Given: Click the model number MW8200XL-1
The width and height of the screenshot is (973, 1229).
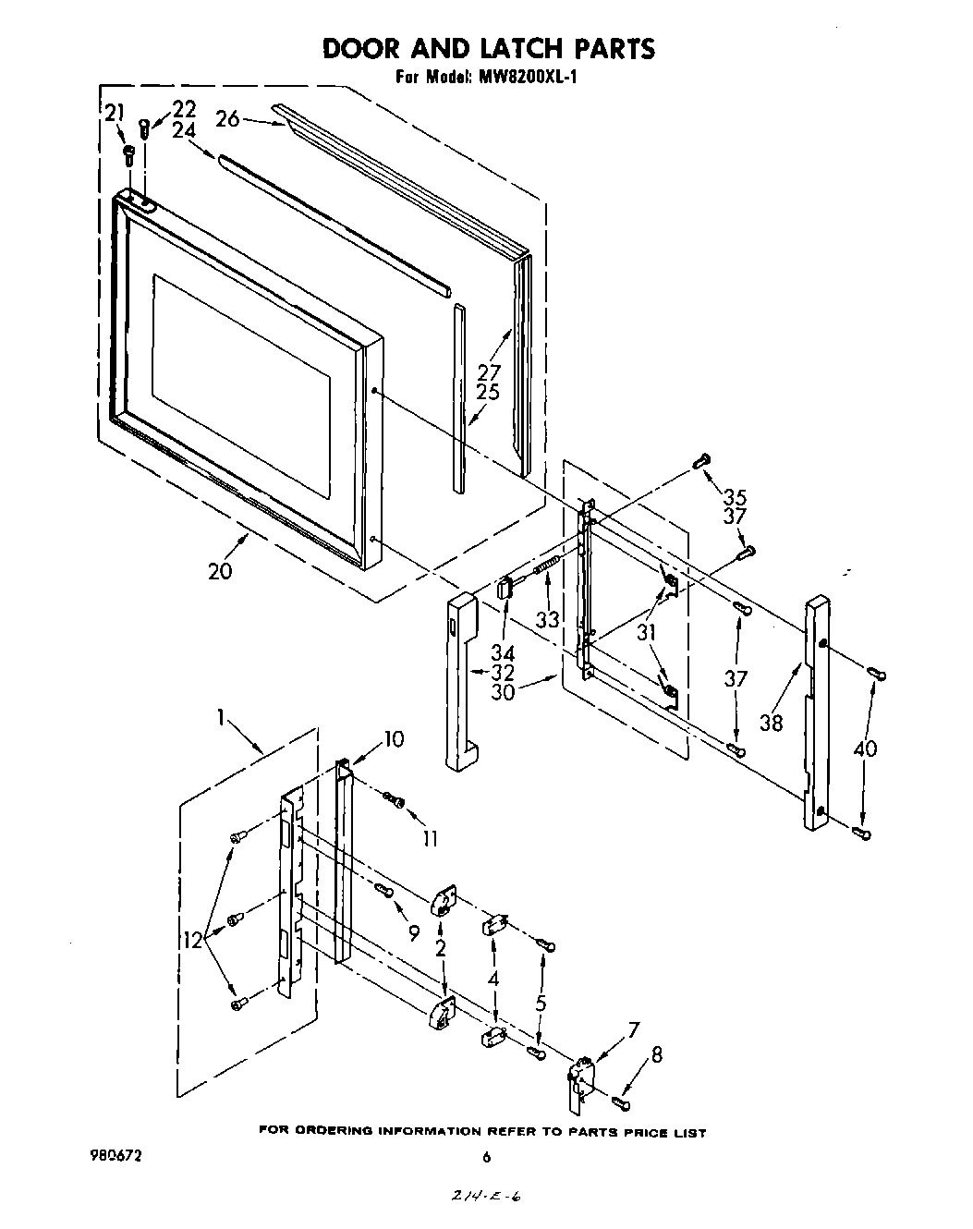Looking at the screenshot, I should (x=528, y=78).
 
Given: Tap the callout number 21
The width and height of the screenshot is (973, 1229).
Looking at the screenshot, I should (x=114, y=114).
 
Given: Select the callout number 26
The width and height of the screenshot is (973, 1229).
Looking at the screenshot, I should (x=227, y=118).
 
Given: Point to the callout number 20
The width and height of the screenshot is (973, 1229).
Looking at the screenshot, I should (x=220, y=571).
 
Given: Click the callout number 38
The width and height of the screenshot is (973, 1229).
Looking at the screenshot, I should (x=771, y=722).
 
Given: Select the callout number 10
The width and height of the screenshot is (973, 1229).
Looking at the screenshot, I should (x=394, y=738).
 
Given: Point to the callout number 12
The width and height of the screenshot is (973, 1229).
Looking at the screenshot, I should (x=193, y=940).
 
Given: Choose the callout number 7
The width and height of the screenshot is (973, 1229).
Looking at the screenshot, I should (x=634, y=1028).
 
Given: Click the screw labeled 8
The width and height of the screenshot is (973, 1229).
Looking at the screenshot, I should (x=620, y=1100).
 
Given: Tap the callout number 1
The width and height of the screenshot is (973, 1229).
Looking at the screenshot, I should (x=221, y=715).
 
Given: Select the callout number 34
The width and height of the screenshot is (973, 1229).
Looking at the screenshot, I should (x=503, y=652).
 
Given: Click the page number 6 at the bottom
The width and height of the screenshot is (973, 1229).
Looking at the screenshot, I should (x=486, y=1156).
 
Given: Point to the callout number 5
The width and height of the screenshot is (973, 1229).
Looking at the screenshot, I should (x=541, y=1002).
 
